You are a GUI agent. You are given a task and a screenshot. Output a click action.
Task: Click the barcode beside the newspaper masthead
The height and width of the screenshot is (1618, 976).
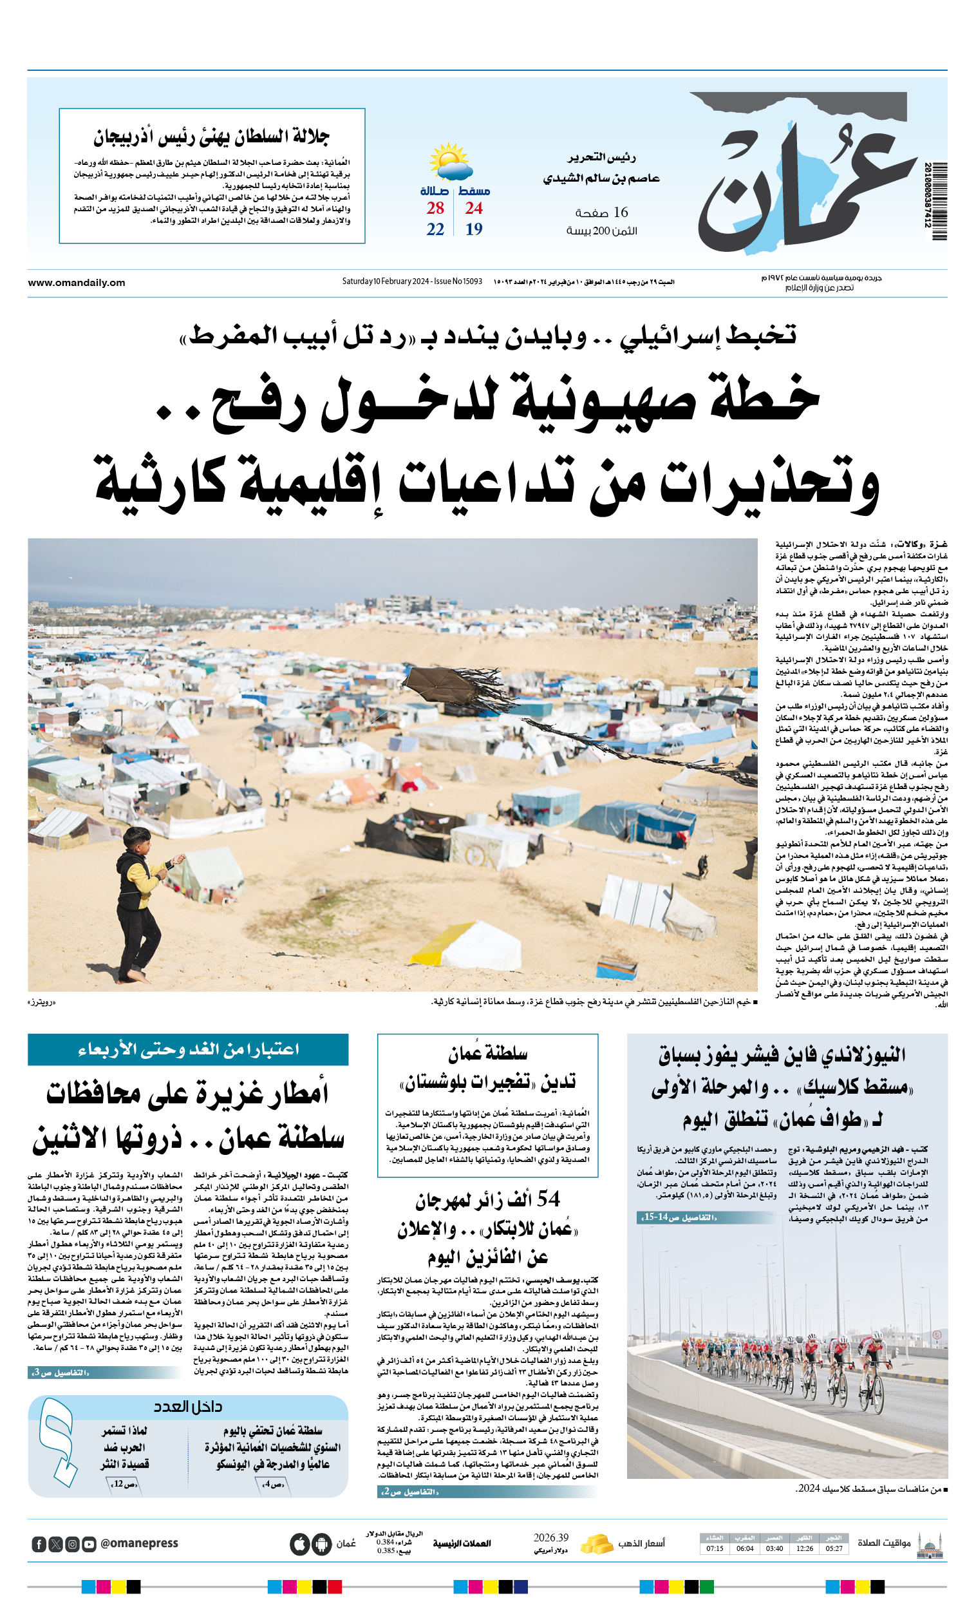click(x=935, y=200)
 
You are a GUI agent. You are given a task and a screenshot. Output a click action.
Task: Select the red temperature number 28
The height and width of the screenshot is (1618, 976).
click(x=435, y=208)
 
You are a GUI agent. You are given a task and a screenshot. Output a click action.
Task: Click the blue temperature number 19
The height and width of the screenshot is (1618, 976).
click(x=474, y=229)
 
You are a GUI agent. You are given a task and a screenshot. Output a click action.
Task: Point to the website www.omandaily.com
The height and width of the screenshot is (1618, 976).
click(x=76, y=283)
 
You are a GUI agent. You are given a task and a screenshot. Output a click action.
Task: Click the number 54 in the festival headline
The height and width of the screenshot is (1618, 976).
click(x=548, y=1199)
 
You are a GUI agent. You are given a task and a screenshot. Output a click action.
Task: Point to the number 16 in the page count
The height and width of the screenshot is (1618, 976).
click(x=620, y=213)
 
